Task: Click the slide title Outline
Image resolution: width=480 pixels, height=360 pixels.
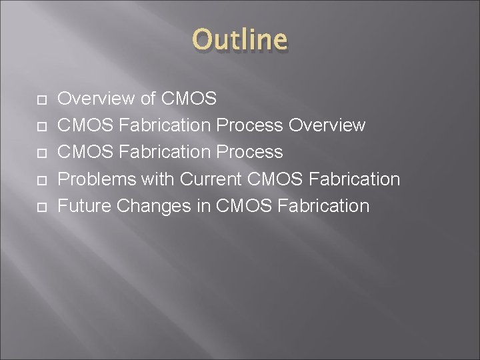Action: [x=240, y=40]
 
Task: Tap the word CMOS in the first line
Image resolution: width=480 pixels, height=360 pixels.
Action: [x=189, y=99]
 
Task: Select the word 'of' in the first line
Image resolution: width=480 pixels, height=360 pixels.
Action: [x=149, y=99]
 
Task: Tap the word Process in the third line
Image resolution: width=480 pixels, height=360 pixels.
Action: [x=248, y=152]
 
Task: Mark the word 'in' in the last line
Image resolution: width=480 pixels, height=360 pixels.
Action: [x=204, y=205]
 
